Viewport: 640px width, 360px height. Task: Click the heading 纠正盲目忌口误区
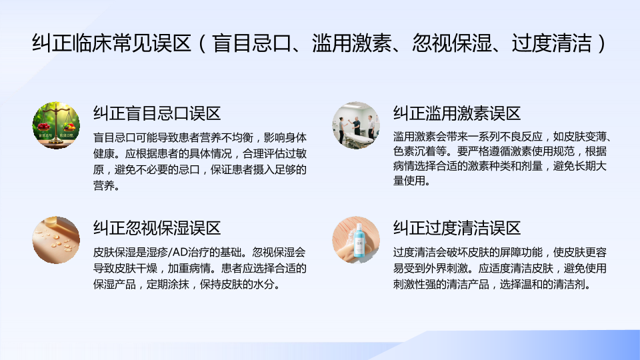(x=157, y=113)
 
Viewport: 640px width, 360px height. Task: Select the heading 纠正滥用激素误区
(x=457, y=113)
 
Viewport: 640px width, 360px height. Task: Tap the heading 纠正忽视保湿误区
(x=157, y=228)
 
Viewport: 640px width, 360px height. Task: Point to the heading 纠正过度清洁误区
(x=457, y=228)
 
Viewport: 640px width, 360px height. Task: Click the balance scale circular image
(x=56, y=125)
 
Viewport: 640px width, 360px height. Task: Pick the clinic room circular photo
(x=356, y=125)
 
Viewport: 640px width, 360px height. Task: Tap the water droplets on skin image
(x=56, y=240)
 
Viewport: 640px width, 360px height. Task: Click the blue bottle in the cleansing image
(x=359, y=241)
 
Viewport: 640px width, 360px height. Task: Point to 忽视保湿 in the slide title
(x=452, y=43)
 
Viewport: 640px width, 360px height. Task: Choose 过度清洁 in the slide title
(x=552, y=43)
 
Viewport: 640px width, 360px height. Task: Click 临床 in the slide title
(x=92, y=43)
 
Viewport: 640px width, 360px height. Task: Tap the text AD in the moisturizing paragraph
(x=183, y=252)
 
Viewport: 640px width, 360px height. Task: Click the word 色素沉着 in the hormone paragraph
(x=414, y=151)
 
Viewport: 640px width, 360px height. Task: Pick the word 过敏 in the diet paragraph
(x=296, y=153)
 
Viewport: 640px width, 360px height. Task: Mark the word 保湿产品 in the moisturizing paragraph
(x=115, y=284)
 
